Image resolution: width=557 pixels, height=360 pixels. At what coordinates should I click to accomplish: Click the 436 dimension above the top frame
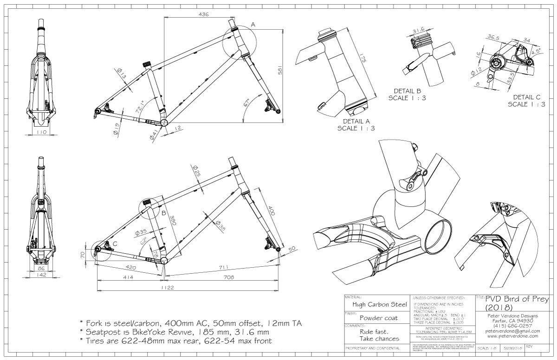click(203, 14)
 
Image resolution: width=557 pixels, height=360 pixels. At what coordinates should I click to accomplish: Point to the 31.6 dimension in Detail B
click(419, 31)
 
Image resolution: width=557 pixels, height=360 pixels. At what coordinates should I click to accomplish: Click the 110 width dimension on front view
click(42, 132)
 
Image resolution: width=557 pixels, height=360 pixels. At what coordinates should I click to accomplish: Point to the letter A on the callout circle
click(253, 24)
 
